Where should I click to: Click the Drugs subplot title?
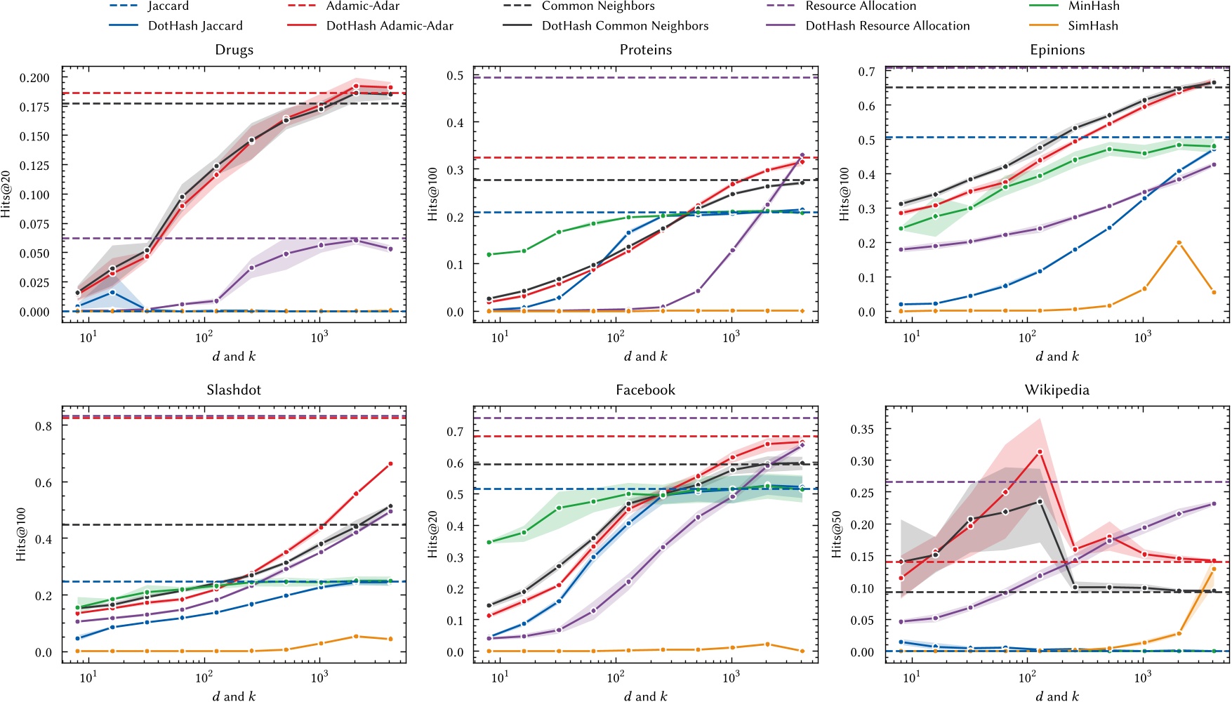click(234, 50)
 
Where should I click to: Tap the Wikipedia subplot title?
click(1057, 390)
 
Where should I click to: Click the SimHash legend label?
click(1092, 26)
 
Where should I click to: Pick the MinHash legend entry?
click(1094, 6)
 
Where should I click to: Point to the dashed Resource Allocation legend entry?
click(860, 6)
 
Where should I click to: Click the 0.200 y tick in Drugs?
click(34, 78)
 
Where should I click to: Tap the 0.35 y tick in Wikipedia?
click(862, 429)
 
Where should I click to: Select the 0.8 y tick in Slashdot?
click(44, 426)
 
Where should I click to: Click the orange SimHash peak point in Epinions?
click(1179, 243)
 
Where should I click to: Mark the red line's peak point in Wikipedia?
click(1040, 452)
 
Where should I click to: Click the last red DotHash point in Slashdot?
click(390, 464)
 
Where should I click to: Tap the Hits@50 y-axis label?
click(837, 534)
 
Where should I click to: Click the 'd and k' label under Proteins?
click(645, 357)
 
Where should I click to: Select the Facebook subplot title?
click(645, 390)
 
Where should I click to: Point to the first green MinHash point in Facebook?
click(489, 542)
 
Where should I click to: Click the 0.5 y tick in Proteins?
click(456, 75)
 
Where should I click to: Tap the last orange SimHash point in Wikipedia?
click(1214, 569)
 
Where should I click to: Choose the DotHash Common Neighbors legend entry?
click(624, 26)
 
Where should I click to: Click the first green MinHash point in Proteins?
click(489, 254)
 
